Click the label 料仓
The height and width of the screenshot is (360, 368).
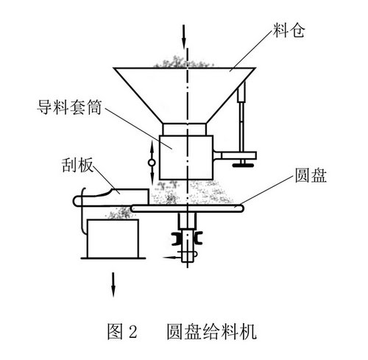[289, 31]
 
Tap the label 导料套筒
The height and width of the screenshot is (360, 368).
[69, 107]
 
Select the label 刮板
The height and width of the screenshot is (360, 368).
[77, 165]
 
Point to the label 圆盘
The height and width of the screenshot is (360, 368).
[311, 175]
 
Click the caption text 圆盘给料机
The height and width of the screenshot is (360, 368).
[212, 331]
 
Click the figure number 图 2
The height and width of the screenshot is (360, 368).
[122, 331]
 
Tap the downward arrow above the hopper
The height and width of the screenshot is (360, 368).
[183, 37]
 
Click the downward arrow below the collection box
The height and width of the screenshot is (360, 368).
[113, 284]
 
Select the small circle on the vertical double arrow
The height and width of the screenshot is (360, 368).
[152, 163]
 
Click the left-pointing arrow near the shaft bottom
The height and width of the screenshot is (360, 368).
[172, 258]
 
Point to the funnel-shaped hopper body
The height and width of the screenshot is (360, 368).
[185, 95]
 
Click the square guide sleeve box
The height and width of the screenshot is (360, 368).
[186, 158]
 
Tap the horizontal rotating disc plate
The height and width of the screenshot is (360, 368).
[187, 208]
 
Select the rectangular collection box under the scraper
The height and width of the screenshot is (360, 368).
[113, 239]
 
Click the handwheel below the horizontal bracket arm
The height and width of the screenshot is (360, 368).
[243, 166]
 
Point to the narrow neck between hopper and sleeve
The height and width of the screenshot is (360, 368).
[184, 129]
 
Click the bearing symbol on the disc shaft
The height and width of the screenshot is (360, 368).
[187, 238]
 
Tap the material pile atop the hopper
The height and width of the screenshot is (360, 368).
[183, 62]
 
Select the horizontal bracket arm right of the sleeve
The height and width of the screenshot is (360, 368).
[235, 156]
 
